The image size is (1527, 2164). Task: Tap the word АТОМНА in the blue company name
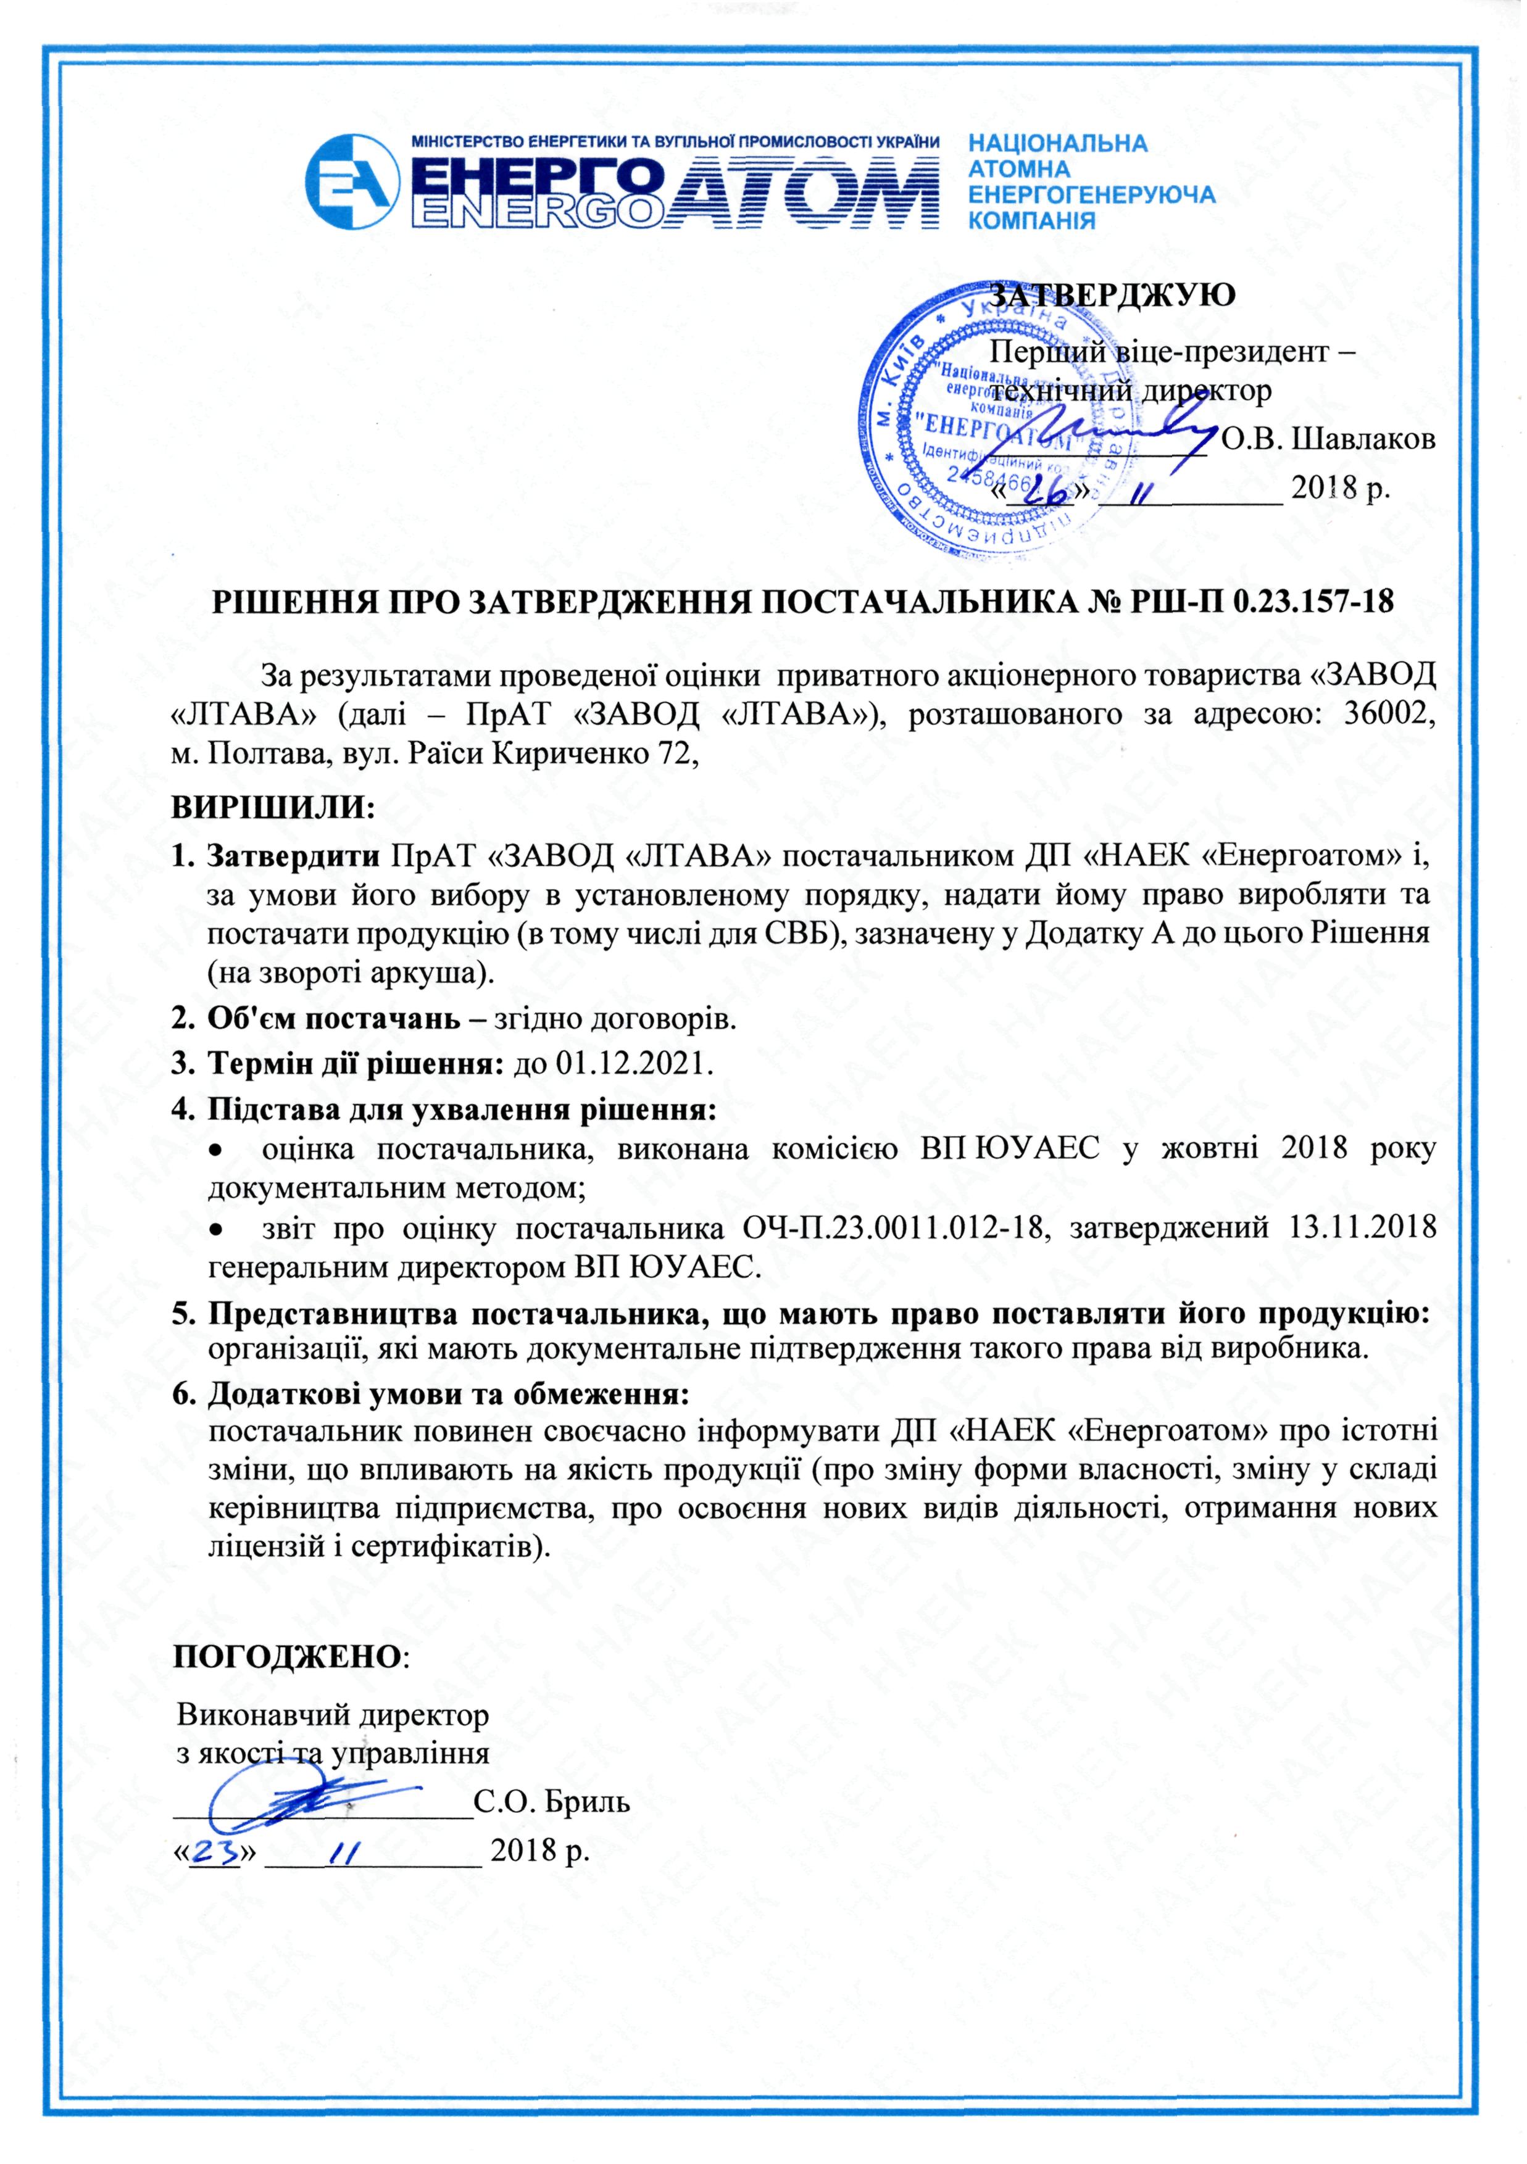tap(1020, 170)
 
